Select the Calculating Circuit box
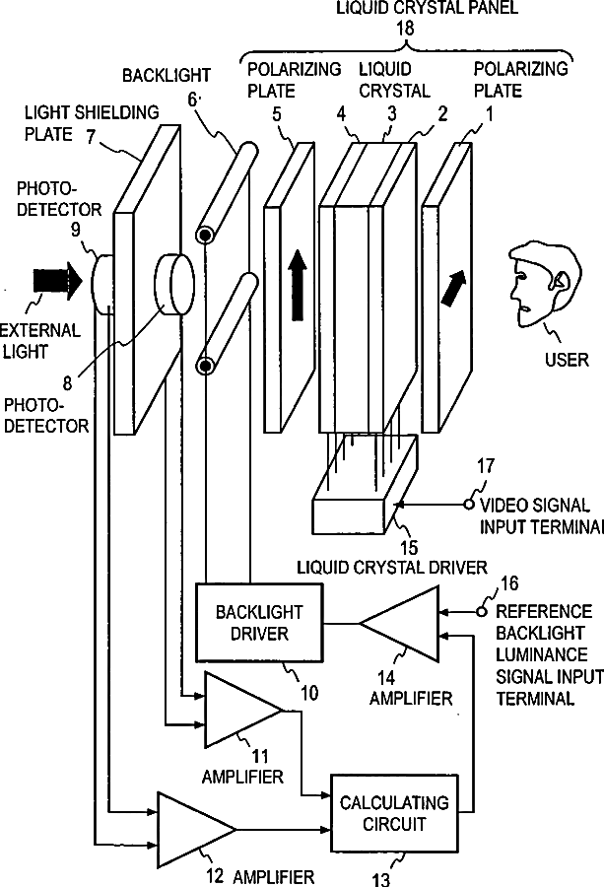(393, 813)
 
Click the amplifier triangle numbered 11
(239, 709)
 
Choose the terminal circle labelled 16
(482, 611)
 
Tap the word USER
(566, 359)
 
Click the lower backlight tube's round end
(205, 367)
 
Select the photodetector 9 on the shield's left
(102, 281)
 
